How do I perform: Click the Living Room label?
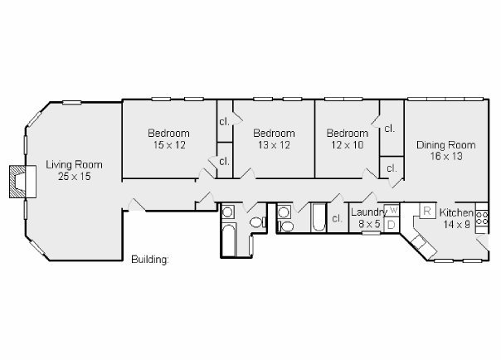(x=74, y=165)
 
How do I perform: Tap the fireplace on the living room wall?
(x=22, y=182)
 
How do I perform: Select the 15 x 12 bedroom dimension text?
(x=169, y=145)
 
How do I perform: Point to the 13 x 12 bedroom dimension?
(x=275, y=145)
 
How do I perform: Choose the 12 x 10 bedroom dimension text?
(x=348, y=145)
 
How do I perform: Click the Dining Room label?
(x=446, y=145)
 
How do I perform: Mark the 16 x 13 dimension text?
(x=446, y=156)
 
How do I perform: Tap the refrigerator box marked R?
(x=427, y=211)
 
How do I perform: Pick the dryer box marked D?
(x=391, y=225)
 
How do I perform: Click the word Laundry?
(x=369, y=212)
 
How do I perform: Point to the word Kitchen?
(x=456, y=212)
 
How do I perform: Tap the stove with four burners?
(x=482, y=218)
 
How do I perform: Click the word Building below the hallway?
(x=150, y=259)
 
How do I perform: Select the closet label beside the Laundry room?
(x=337, y=218)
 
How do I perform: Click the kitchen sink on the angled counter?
(x=419, y=241)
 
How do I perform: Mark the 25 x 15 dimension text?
(x=75, y=177)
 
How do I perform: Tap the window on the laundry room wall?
(x=371, y=233)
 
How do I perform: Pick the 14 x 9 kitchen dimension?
(x=456, y=224)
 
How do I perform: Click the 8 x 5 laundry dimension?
(x=369, y=224)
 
